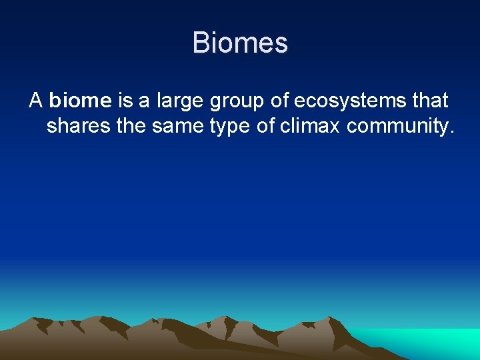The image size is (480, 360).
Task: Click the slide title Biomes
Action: (240, 43)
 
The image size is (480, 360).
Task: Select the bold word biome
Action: (80, 101)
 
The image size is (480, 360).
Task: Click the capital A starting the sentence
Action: (36, 101)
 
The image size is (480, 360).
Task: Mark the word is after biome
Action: (125, 101)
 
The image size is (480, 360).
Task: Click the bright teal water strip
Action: (427, 343)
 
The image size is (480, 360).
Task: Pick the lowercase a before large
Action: (145, 102)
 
